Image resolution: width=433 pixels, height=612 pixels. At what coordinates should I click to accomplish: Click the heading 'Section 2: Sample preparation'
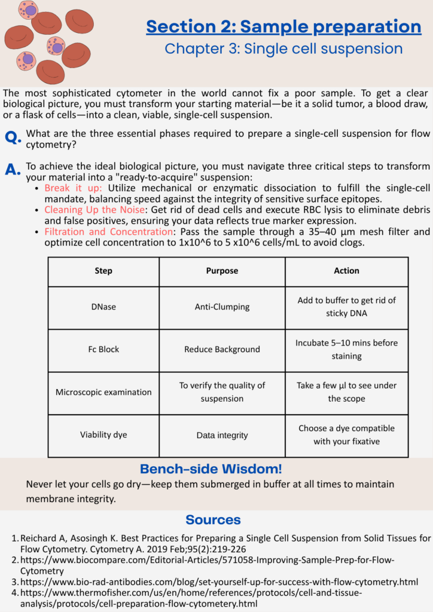(x=283, y=27)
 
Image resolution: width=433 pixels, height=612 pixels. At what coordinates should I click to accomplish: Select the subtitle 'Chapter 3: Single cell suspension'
(x=283, y=48)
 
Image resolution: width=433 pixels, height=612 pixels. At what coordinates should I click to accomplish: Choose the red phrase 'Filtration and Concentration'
(x=108, y=231)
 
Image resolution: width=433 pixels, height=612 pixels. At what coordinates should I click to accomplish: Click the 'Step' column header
(x=103, y=271)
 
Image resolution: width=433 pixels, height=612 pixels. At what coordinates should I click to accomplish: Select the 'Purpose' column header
(x=222, y=271)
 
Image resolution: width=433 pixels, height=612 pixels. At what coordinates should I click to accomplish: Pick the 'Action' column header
(x=346, y=271)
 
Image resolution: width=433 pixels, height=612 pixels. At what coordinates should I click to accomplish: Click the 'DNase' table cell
(x=103, y=307)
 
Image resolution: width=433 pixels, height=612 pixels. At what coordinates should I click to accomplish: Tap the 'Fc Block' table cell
(x=103, y=349)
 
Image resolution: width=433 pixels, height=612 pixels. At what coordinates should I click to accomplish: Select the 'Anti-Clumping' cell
(x=222, y=307)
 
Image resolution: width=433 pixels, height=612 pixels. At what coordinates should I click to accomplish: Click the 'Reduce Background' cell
(x=222, y=349)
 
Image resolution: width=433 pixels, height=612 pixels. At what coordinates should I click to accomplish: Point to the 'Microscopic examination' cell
(x=103, y=392)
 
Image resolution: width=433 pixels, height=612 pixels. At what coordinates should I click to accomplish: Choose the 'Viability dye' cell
(x=103, y=435)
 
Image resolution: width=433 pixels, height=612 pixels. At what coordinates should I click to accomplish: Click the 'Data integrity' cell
(x=222, y=435)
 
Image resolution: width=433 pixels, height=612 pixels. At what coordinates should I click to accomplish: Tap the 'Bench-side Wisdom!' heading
(x=211, y=469)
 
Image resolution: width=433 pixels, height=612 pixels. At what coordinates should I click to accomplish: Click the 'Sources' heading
(x=213, y=519)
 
